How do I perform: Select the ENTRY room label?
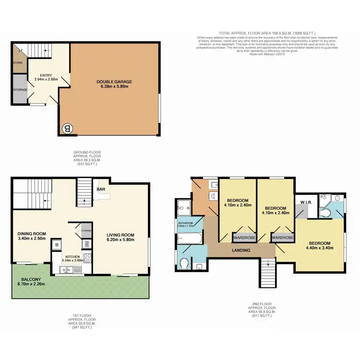(x=46, y=75)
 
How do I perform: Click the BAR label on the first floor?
(x=101, y=190)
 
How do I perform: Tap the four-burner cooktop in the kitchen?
(x=88, y=258)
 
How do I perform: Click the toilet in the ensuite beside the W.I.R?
(x=337, y=197)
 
